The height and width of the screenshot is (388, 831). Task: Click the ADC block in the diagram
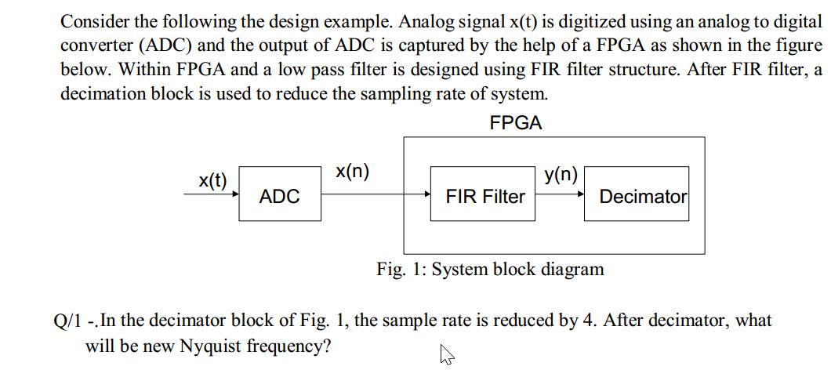point(280,195)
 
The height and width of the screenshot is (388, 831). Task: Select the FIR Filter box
point(484,195)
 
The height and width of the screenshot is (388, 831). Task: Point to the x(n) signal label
point(352,172)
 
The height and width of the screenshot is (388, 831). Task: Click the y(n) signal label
point(561,174)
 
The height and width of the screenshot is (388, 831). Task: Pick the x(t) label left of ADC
point(212,180)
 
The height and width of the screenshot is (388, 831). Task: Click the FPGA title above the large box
point(515,123)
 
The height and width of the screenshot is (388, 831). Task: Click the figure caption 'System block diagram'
point(518,270)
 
